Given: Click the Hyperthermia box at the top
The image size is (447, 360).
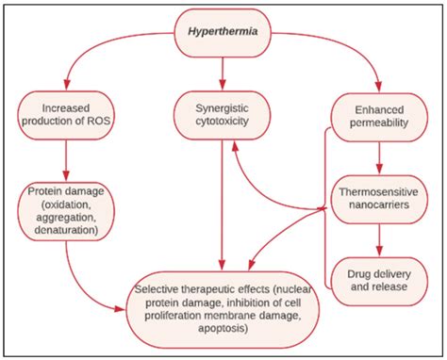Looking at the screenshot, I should tap(223, 29).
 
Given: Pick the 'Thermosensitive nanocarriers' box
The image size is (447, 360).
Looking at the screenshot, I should tap(377, 200).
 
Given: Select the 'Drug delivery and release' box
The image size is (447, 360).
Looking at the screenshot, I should tap(377, 272).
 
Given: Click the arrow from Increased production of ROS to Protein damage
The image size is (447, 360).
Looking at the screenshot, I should tap(65, 160).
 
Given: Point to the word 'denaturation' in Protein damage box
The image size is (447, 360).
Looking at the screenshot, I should tap(65, 230).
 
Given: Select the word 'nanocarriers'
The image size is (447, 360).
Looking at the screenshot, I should tap(377, 207).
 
